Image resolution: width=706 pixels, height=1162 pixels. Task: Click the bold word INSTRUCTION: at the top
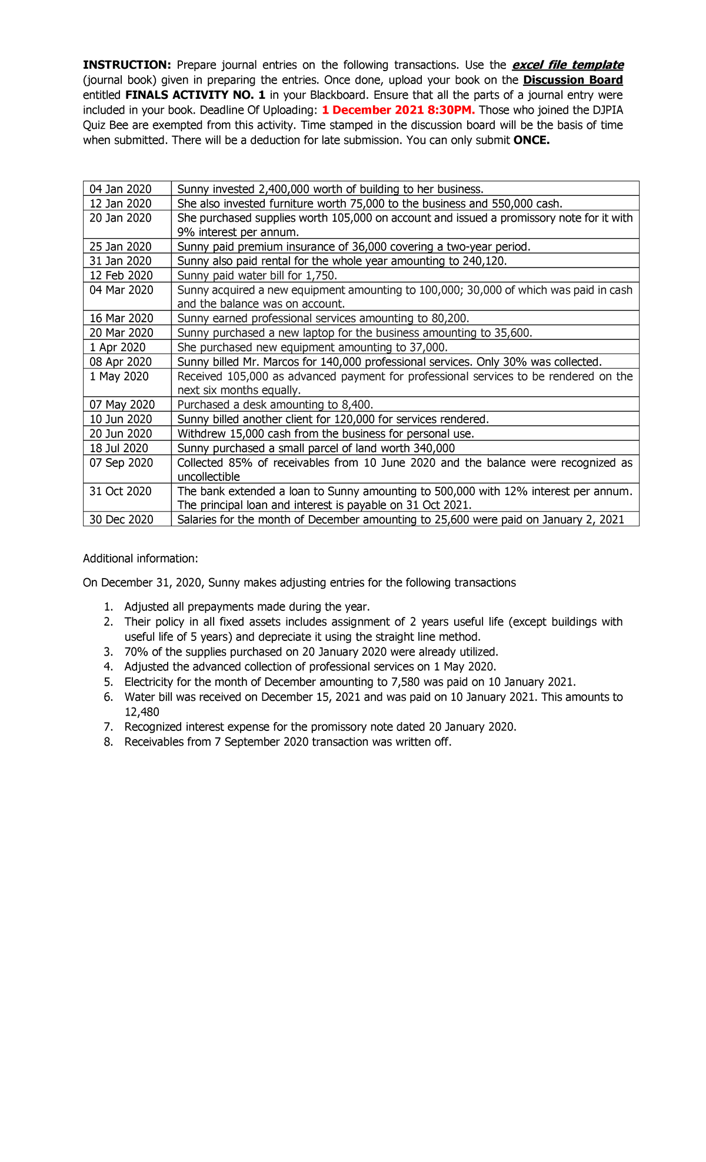pos(126,65)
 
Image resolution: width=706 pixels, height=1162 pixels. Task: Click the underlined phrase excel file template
pos(568,65)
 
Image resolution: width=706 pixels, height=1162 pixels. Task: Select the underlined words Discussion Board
pos(572,80)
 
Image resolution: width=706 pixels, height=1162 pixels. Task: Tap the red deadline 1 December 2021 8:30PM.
pos(398,110)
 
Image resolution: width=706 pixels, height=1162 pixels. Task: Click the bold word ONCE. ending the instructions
pos(531,140)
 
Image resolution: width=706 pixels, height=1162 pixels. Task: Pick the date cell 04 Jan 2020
pos(121,189)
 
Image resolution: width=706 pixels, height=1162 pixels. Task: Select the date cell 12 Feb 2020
pos(121,275)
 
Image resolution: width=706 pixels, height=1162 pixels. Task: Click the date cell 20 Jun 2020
pos(121,433)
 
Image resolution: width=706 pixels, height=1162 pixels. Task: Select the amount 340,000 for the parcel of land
pos(434,448)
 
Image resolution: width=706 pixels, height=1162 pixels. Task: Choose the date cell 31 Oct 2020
pos(121,491)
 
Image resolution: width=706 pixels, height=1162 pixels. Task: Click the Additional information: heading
pos(140,558)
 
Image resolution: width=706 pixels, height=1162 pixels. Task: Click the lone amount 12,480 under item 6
pos(141,712)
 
